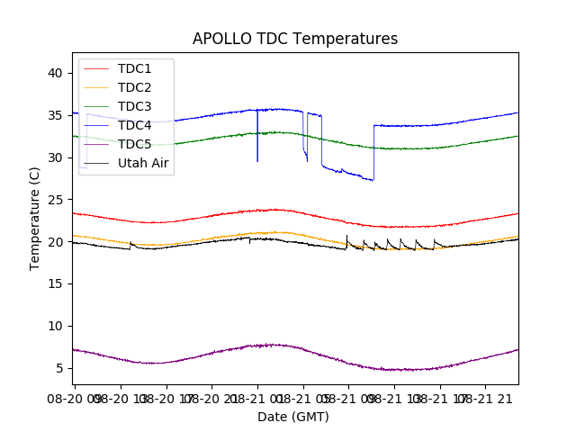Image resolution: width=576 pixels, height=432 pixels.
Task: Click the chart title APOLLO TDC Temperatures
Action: click(294, 39)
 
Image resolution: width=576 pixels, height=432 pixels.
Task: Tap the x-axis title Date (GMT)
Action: click(293, 417)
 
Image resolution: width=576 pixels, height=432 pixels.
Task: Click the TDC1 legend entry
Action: click(134, 69)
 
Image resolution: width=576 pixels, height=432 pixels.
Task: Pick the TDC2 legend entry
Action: click(134, 88)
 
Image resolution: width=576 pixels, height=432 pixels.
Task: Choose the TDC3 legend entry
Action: click(134, 107)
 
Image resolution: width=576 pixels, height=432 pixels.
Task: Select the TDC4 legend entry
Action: click(134, 126)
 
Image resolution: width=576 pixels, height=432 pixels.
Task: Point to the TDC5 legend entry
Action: click(134, 145)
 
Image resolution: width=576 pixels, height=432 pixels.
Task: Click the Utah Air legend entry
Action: click(143, 164)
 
